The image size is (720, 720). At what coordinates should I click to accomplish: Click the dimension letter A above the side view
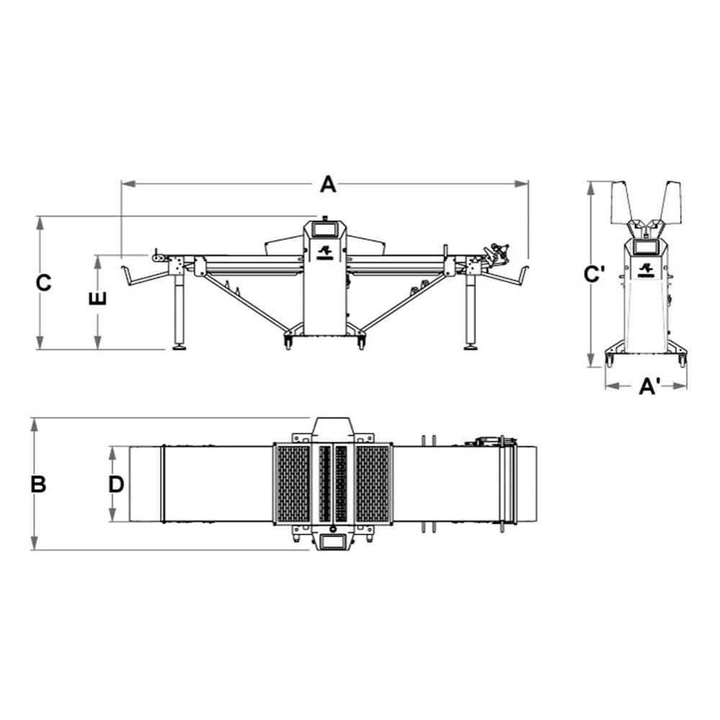coord(328,184)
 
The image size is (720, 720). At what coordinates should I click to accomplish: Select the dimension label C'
coord(594,274)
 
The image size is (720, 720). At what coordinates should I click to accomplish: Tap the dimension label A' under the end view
coord(650,386)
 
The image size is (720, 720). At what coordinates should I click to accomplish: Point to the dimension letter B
coord(39,485)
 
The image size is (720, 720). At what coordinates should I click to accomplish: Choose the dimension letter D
coord(117,484)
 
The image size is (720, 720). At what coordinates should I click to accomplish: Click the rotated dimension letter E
coord(97,299)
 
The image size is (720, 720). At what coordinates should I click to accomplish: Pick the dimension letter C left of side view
coord(44,283)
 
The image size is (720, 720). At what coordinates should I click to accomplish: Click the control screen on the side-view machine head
coord(324,228)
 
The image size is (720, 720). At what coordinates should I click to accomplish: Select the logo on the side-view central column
coord(325,252)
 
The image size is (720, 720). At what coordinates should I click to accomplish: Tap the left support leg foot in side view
coord(179,348)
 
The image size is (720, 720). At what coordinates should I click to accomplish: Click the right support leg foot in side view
coord(469,348)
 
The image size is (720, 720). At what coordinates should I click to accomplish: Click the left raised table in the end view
coord(621,202)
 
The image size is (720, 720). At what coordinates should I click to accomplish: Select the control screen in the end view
coord(646,246)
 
